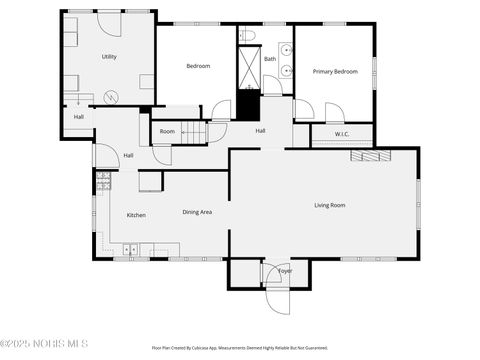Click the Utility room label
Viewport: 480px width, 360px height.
[x=109, y=57]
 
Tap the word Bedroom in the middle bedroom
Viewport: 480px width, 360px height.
[x=198, y=66]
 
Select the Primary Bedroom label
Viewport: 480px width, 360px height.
[x=335, y=71]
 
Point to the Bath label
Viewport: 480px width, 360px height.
[x=270, y=59]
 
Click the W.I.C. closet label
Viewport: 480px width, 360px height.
[x=341, y=133]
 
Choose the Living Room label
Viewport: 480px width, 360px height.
[x=330, y=205]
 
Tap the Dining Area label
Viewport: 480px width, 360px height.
[x=196, y=212]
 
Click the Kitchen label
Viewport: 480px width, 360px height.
[x=136, y=215]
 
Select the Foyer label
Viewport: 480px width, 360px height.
[x=284, y=271]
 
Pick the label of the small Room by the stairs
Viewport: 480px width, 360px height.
[x=167, y=132]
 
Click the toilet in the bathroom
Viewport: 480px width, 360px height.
[x=248, y=37]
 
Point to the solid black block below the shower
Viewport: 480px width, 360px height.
[x=247, y=103]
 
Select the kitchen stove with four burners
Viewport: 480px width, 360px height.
[x=102, y=181]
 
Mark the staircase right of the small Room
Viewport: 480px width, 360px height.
[x=197, y=132]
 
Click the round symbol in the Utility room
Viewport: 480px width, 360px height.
[x=111, y=96]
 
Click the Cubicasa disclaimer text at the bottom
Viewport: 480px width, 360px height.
[x=240, y=348]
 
